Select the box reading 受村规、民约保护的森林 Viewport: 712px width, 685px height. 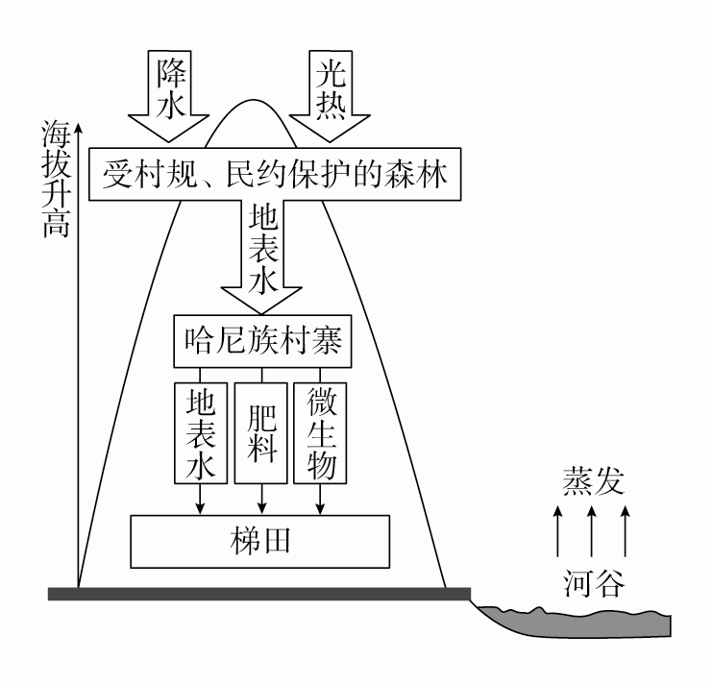(x=274, y=175)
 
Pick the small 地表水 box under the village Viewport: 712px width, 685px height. (x=200, y=432)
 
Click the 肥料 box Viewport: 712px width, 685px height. (x=261, y=432)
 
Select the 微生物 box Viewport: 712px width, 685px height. (x=320, y=432)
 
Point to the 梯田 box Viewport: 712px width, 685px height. (x=260, y=541)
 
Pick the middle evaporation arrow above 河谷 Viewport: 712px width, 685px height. (x=592, y=532)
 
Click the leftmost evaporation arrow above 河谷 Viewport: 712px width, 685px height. (x=558, y=532)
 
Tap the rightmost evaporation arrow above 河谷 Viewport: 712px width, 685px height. (x=626, y=532)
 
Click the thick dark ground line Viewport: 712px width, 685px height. (x=259, y=594)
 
